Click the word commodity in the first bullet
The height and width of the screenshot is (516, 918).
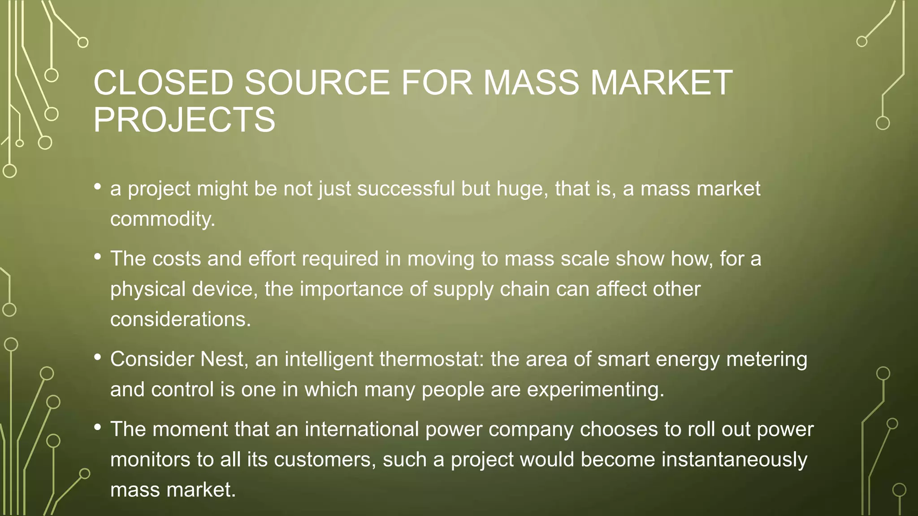(162, 219)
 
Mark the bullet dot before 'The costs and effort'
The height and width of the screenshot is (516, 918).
(97, 257)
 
